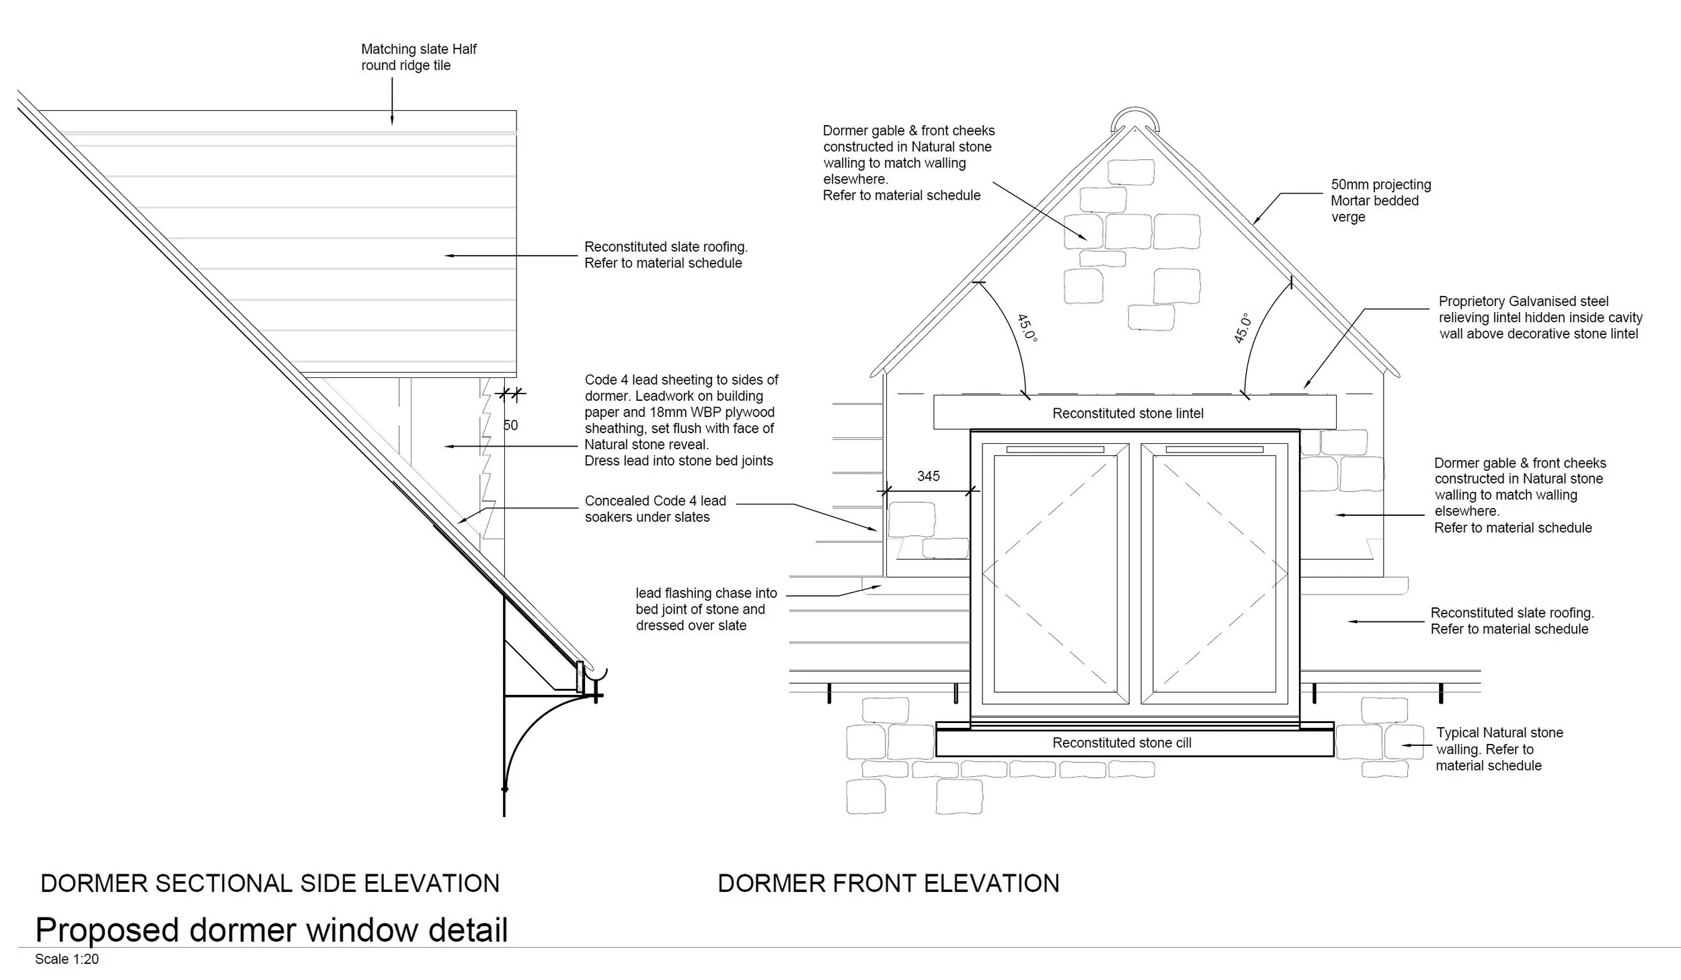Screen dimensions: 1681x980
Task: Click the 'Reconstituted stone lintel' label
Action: pos(1128,414)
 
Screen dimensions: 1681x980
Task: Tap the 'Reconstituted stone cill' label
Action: pos(1122,743)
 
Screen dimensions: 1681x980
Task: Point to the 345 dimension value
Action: pos(928,476)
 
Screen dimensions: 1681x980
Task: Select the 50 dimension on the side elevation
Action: pos(510,425)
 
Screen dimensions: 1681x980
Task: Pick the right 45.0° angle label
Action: pos(1242,328)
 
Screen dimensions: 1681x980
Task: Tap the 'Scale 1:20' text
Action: pos(67,959)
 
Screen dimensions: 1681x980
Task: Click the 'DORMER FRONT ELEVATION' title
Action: pos(888,883)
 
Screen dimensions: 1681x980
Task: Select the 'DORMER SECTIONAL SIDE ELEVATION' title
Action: pos(270,883)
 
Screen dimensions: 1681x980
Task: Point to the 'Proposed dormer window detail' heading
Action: pos(271,930)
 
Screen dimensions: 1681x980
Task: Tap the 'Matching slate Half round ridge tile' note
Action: pos(418,57)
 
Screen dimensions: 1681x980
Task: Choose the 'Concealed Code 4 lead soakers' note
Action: pos(655,508)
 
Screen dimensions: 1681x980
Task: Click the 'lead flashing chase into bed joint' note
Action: pos(705,609)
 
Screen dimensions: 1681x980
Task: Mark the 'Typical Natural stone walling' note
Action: pos(1499,749)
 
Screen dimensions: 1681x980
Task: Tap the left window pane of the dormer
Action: pos(1054,573)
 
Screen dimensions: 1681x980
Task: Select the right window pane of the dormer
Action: pos(1213,573)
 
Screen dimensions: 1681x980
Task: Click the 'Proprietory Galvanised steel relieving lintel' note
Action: pos(1540,317)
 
